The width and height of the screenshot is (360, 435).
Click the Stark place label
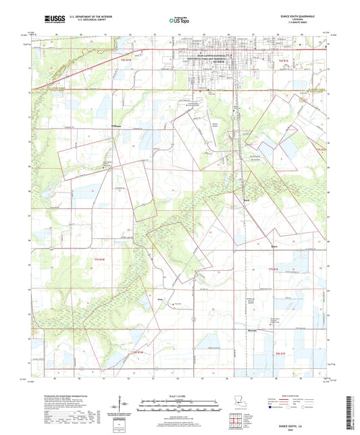pos(247,199)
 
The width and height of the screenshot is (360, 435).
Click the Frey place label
pos(160,295)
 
